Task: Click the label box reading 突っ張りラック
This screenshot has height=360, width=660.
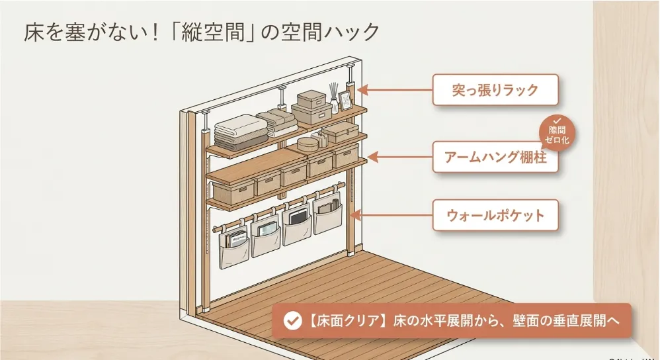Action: (x=495, y=90)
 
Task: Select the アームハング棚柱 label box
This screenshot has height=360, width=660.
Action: (x=495, y=157)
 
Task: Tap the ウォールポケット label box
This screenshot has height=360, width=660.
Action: (x=495, y=215)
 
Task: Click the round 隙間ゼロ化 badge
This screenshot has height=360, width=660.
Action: (x=557, y=132)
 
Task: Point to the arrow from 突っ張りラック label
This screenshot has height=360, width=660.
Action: (x=395, y=90)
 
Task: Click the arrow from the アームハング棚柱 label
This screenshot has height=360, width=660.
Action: (x=400, y=157)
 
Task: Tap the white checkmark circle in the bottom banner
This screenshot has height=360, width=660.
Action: (x=292, y=321)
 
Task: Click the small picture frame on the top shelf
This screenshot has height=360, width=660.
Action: (x=346, y=101)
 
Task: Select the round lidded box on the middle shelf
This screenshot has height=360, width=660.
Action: (x=308, y=144)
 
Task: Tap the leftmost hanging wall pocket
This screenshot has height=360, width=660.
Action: (x=234, y=248)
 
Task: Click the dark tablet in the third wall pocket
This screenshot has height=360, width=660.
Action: (x=298, y=218)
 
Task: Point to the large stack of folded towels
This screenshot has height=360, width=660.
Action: (x=241, y=132)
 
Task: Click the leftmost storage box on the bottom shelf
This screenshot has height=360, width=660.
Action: (x=233, y=192)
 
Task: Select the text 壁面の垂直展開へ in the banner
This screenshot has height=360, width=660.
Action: (x=565, y=321)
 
